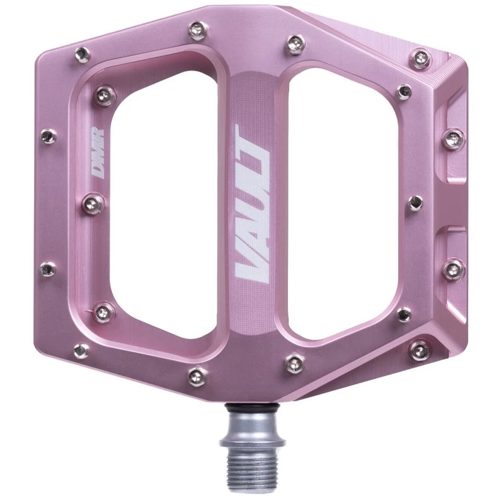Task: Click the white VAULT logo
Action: [251, 205]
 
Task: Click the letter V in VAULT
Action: [251, 268]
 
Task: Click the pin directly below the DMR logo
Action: [93, 203]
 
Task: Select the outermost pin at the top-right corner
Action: [420, 58]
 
